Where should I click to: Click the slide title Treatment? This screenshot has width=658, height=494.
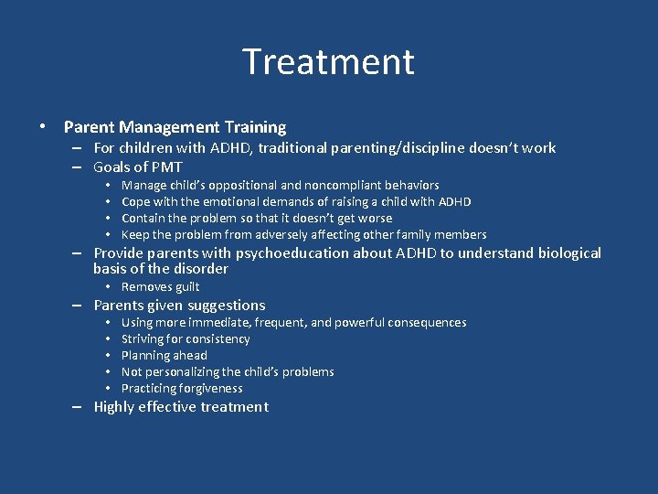tap(328, 62)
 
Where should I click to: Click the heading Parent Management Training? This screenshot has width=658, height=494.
tap(175, 127)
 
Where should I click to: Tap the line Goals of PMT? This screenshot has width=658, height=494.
tap(138, 166)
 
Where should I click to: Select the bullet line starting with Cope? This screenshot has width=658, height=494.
tap(296, 201)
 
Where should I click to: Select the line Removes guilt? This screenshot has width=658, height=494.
tap(160, 286)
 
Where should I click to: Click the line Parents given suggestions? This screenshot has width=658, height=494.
tap(179, 306)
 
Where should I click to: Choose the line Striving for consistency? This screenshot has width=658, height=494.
tap(185, 338)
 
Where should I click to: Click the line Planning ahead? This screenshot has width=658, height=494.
tap(164, 355)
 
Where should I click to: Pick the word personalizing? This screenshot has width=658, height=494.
tap(187, 371)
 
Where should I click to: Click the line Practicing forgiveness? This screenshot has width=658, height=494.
tap(182, 388)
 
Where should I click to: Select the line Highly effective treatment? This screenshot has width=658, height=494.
tap(181, 407)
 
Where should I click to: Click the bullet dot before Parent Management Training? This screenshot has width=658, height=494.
tap(43, 127)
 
